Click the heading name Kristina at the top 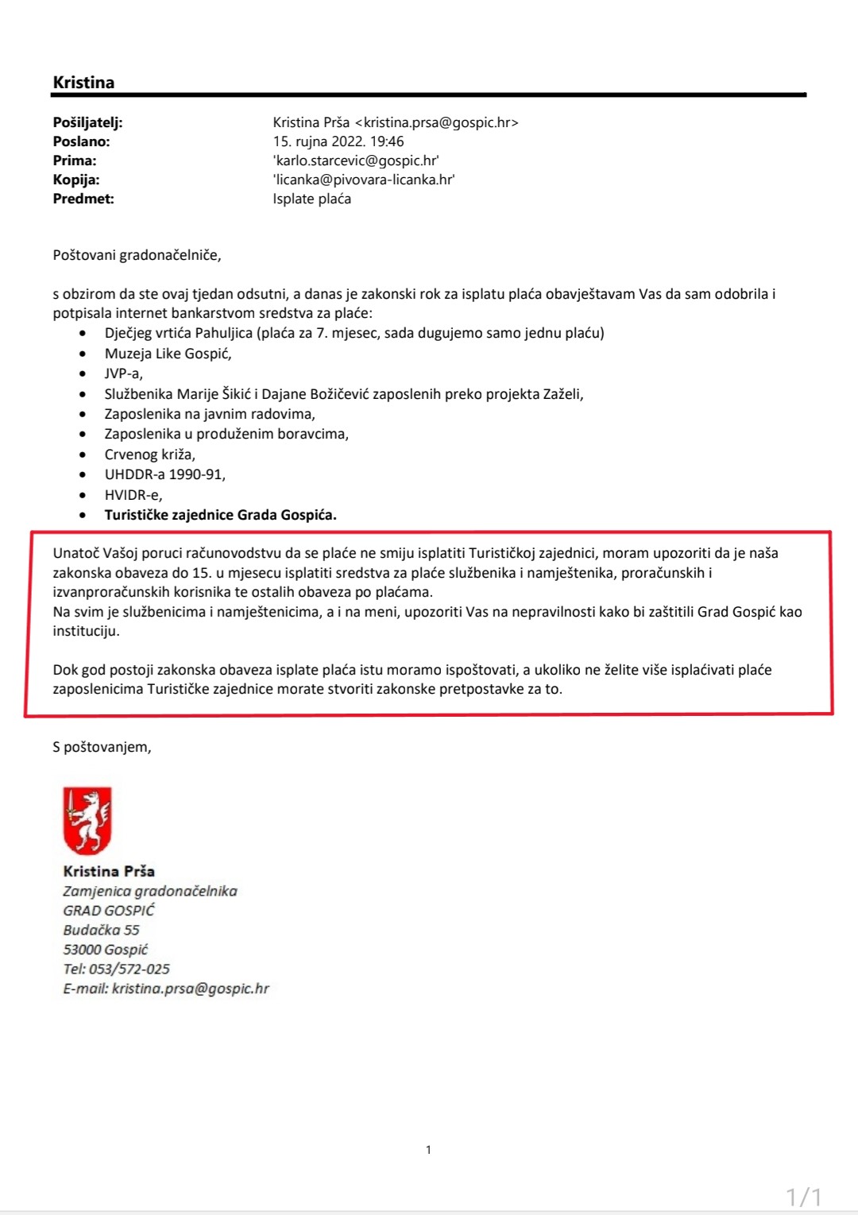point(83,83)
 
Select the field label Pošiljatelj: point(87,122)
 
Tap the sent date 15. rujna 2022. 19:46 point(338,141)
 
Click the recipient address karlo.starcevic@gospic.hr point(356,161)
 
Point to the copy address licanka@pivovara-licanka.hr point(363,180)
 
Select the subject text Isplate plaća point(311,199)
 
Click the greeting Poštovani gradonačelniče point(137,255)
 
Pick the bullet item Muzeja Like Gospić point(168,354)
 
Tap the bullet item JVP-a point(123,373)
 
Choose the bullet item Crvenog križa point(149,455)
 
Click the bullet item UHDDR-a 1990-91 point(164,474)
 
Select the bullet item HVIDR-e point(133,494)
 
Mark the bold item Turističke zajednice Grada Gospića point(220,515)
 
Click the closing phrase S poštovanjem point(102,747)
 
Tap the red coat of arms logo point(87,820)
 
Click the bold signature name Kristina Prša point(109,871)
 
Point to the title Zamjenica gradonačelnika point(150,891)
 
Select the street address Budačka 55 point(101,930)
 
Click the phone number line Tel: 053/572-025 point(116,969)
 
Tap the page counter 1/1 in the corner point(803,1197)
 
